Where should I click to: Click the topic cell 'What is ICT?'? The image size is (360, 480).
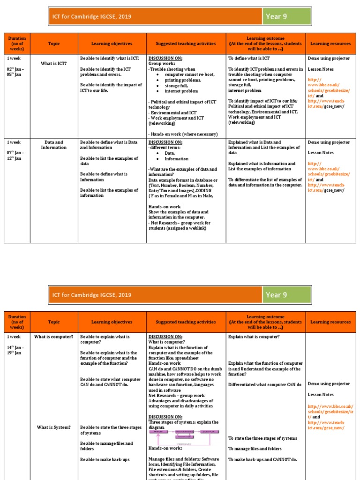53,63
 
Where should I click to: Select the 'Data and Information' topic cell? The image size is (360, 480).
53,145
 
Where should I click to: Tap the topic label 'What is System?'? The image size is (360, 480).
53,427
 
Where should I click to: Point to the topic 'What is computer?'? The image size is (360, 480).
53,337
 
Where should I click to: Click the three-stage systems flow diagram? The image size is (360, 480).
184,436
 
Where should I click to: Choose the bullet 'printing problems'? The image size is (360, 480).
182,80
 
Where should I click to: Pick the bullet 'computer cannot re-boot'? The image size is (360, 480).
187,75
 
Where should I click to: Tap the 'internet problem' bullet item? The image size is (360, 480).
181,91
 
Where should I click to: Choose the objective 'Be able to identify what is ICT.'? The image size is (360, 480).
109,59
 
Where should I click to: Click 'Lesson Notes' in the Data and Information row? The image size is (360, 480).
321,153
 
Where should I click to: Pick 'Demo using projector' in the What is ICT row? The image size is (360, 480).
329,59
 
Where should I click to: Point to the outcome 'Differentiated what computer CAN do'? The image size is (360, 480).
265,384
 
